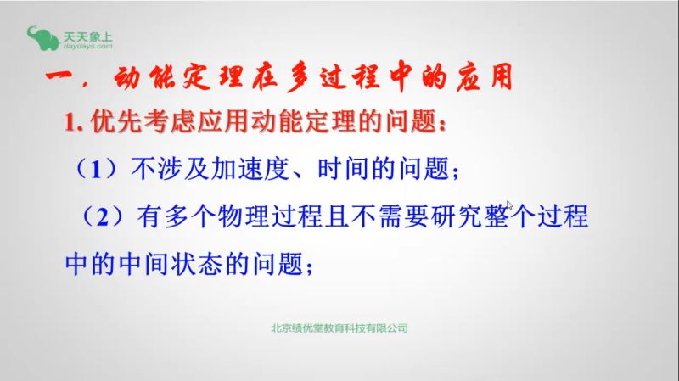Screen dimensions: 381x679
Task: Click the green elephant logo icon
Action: tap(41, 38)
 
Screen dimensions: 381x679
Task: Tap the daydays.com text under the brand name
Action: tap(87, 48)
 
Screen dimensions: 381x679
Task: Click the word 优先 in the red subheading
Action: tap(111, 124)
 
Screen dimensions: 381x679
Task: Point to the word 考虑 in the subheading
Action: tap(160, 124)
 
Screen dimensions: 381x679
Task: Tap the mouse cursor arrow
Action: tap(509, 205)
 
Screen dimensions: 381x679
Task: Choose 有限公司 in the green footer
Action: tap(390, 327)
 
